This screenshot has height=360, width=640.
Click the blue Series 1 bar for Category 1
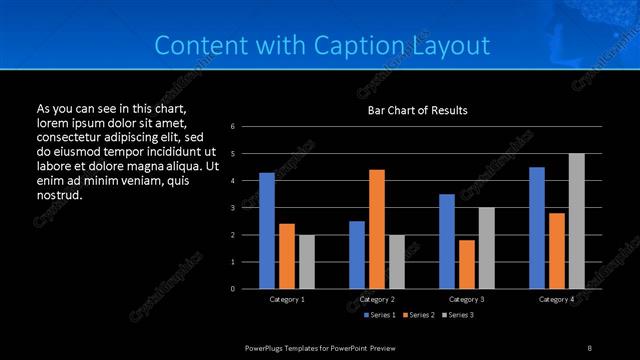coord(267,231)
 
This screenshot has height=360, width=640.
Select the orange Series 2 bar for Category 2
coord(377,229)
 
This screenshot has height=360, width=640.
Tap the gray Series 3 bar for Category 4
coord(577,221)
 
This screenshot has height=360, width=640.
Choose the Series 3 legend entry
coord(458,315)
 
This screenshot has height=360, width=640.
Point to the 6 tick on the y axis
coord(232,127)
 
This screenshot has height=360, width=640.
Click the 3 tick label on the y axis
coord(232,208)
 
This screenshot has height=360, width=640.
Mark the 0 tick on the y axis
coord(232,289)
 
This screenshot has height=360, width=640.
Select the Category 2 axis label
coord(377,299)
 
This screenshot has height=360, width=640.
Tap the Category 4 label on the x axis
coord(557,299)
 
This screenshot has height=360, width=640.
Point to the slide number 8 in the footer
coord(590,347)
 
